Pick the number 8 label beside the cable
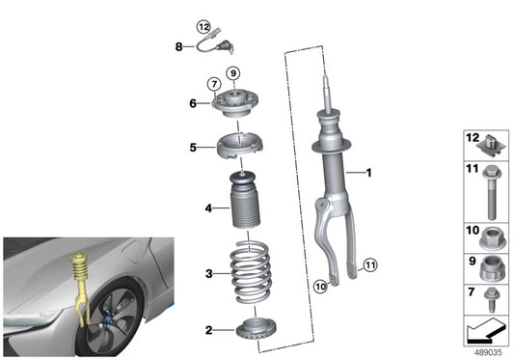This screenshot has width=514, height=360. pyautogui.click(x=178, y=45)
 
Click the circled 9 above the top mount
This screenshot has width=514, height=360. pyautogui.click(x=232, y=73)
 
